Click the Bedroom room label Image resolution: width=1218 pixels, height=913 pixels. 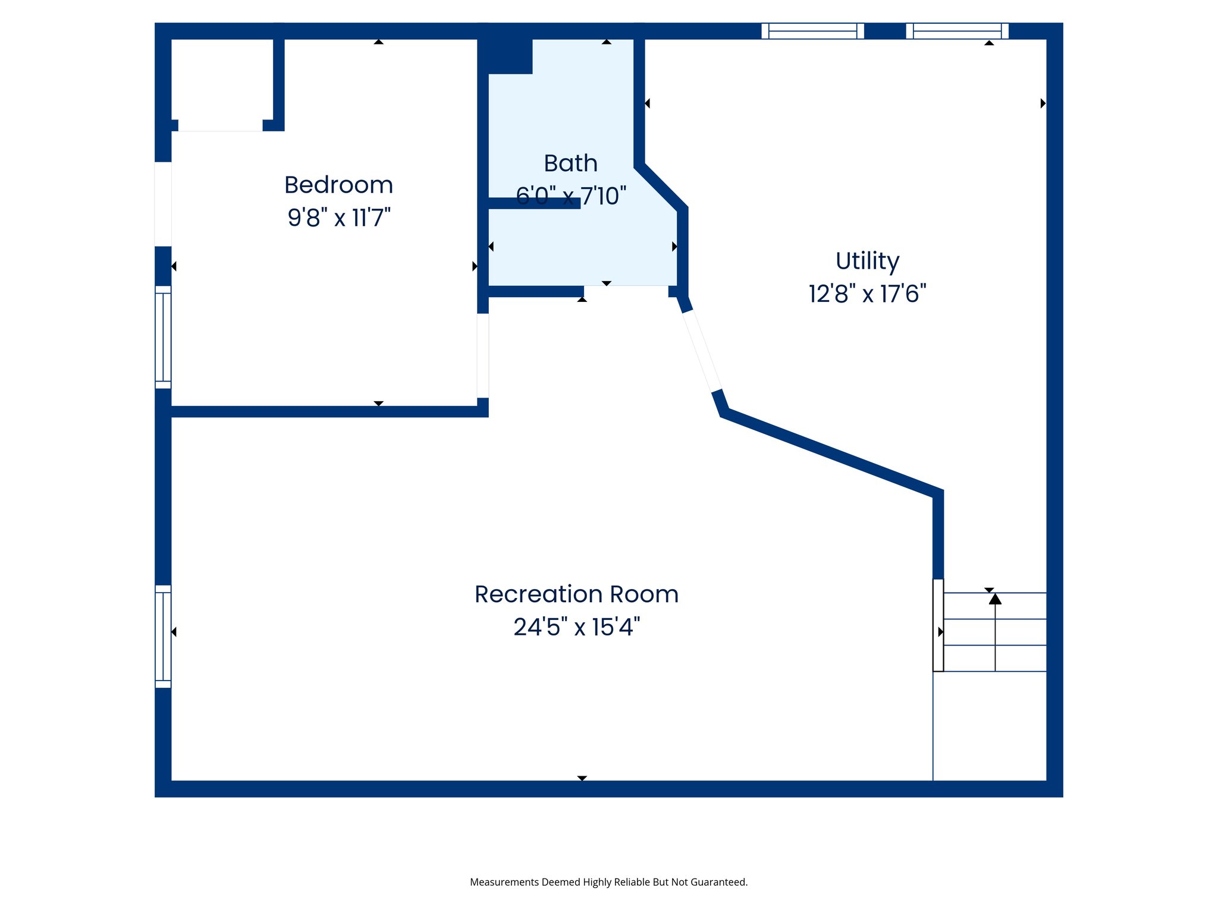pyautogui.click(x=338, y=185)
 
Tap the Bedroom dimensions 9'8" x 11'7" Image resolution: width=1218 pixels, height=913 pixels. pyautogui.click(x=338, y=218)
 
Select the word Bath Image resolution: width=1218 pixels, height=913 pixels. pyautogui.click(x=570, y=163)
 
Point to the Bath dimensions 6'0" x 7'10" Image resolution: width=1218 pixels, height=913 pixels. pyautogui.click(x=571, y=196)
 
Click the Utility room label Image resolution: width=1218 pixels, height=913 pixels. pyautogui.click(x=867, y=261)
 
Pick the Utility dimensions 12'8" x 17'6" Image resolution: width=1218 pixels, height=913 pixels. pyautogui.click(x=867, y=294)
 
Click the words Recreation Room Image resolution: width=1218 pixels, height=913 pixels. pyautogui.click(x=576, y=594)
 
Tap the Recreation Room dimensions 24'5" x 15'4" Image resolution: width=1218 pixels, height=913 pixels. pyautogui.click(x=576, y=626)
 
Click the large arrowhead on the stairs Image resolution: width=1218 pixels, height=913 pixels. pyautogui.click(x=995, y=599)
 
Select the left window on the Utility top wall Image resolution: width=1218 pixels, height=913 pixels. pyautogui.click(x=812, y=31)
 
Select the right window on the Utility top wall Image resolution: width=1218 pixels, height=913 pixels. pyautogui.click(x=957, y=31)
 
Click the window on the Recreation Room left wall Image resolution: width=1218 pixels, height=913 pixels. pyautogui.click(x=163, y=636)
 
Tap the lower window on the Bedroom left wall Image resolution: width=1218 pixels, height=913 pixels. pyautogui.click(x=163, y=337)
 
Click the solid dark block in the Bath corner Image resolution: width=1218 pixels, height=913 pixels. pyautogui.click(x=506, y=56)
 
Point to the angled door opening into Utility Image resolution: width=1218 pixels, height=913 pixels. pyautogui.click(x=701, y=351)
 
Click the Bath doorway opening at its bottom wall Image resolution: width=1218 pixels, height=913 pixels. pyautogui.click(x=626, y=291)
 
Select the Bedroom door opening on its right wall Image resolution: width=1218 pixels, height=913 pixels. pyautogui.click(x=482, y=355)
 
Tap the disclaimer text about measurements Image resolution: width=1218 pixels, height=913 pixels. pyautogui.click(x=608, y=882)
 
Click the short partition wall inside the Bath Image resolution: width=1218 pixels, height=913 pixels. pyautogui.click(x=533, y=203)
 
